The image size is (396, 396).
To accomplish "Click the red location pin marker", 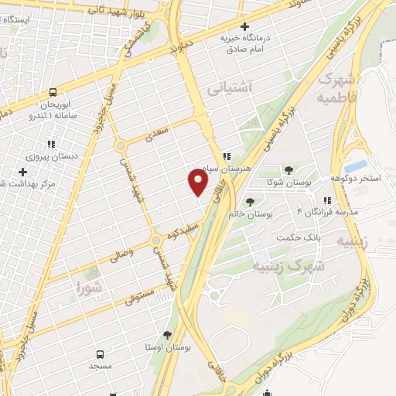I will click(197, 181).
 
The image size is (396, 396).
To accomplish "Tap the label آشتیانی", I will click(230, 89).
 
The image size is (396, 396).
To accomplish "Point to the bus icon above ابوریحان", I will click(53, 91).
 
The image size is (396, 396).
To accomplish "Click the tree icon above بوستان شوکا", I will click(288, 169).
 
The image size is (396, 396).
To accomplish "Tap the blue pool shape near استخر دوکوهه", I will click(355, 166).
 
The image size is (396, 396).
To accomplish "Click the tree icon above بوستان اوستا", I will click(167, 335).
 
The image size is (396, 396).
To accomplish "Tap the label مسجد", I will click(101, 364).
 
